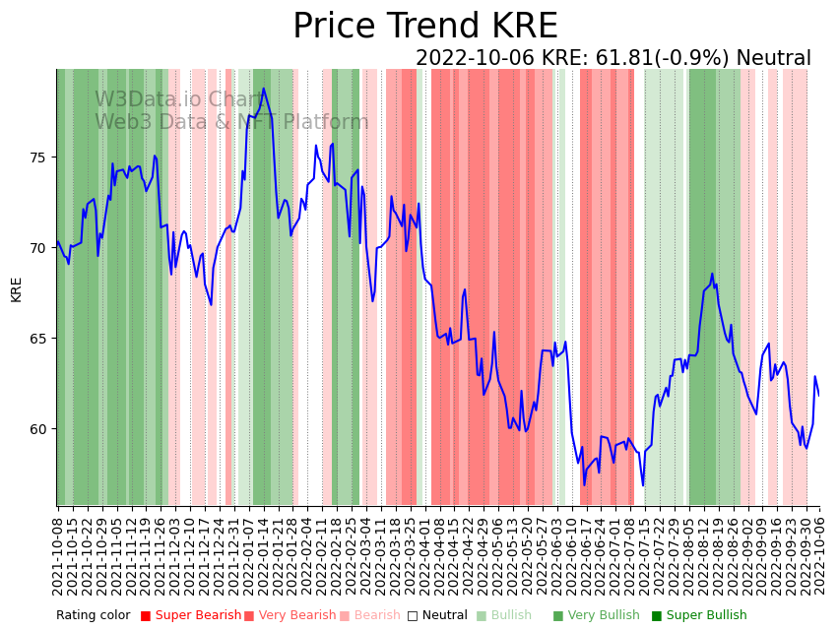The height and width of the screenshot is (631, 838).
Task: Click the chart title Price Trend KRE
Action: (x=424, y=27)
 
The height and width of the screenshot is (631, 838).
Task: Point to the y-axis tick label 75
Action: (x=37, y=158)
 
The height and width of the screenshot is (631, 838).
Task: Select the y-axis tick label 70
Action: (x=37, y=248)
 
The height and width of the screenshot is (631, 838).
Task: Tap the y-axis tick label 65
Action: (x=37, y=339)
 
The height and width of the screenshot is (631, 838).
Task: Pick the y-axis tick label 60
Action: (x=37, y=429)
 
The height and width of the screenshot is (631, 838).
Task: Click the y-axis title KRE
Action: (x=16, y=289)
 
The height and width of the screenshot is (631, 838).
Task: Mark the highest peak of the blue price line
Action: (x=263, y=89)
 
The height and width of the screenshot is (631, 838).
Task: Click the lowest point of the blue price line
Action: (x=584, y=485)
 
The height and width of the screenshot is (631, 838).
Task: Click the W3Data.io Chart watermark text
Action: (x=178, y=100)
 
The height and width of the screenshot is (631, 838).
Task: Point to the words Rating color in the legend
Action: (x=93, y=616)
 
